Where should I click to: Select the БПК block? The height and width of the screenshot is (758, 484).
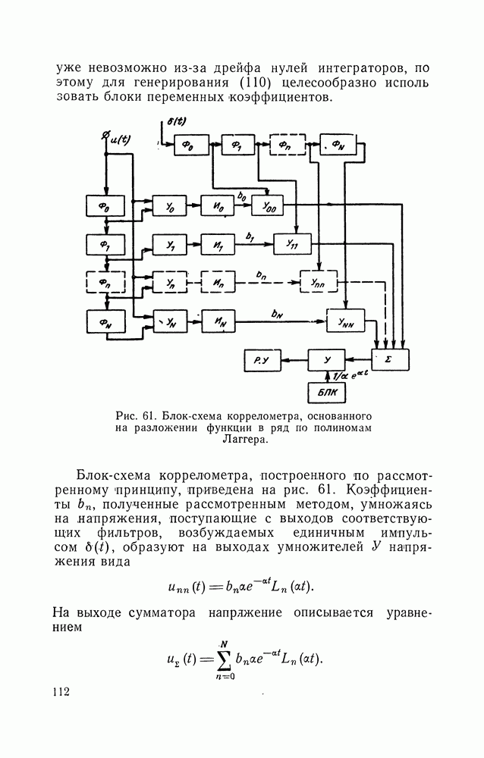pyautogui.click(x=327, y=393)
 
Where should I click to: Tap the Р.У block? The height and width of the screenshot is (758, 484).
pyautogui.click(x=262, y=359)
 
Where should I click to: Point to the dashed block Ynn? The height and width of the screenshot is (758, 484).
pyautogui.click(x=319, y=282)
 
